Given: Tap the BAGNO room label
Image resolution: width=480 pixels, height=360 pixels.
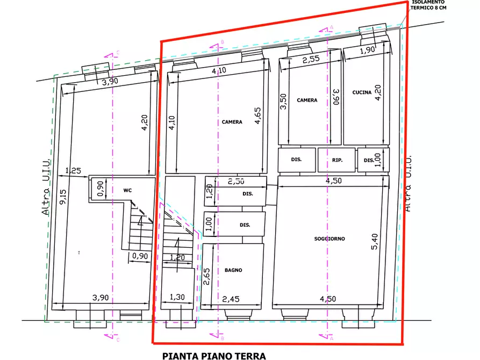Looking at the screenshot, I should coord(234,271).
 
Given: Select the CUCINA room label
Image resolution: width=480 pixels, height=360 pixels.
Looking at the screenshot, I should coord(362,92).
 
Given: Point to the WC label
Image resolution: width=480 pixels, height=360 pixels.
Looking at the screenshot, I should coord(127,190).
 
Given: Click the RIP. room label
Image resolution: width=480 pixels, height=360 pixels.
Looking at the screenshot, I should coord(338,160).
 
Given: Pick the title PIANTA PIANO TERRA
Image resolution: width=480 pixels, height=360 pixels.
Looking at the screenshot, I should coord(214,355).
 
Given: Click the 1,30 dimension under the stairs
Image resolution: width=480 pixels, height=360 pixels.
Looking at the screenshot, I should coord(177,297).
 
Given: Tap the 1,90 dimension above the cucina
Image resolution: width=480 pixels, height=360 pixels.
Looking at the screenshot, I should coord(367,51).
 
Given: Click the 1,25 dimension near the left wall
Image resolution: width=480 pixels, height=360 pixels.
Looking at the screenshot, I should coord(73,171).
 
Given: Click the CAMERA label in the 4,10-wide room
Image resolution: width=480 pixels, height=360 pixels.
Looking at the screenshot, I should coord(232,122).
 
